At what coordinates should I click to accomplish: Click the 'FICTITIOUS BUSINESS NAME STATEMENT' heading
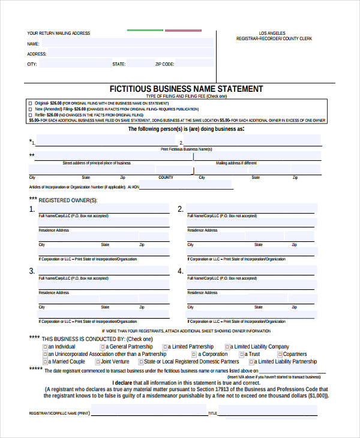(x=186, y=89)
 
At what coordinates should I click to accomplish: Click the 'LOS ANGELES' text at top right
(x=272, y=33)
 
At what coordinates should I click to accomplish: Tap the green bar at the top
(x=145, y=29)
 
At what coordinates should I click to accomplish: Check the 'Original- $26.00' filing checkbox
(x=31, y=103)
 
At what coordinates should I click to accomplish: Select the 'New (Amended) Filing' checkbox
(x=31, y=109)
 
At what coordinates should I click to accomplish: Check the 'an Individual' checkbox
(x=45, y=347)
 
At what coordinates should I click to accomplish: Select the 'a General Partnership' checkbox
(x=103, y=347)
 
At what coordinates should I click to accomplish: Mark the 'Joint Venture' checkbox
(x=98, y=362)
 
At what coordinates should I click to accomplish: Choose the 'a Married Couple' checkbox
(x=45, y=362)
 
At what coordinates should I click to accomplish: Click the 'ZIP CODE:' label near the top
(x=165, y=64)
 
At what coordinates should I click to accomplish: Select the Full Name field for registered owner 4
(x=251, y=272)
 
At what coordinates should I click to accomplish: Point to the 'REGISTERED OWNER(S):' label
(x=67, y=200)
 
